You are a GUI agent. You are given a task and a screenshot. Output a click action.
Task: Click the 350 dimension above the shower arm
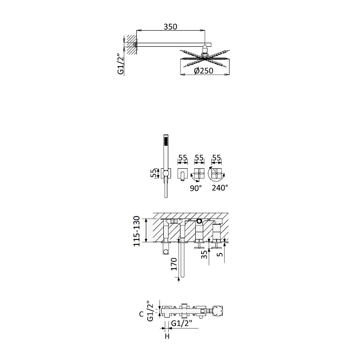[171, 27]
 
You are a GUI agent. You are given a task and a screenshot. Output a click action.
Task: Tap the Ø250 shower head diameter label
[204, 71]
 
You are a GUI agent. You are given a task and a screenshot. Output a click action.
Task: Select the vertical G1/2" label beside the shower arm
[121, 64]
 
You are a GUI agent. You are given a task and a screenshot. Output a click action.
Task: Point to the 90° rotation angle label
[196, 188]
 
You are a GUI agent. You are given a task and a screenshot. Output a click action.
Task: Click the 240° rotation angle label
[220, 188]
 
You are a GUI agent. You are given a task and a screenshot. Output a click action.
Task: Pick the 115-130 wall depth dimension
[137, 231]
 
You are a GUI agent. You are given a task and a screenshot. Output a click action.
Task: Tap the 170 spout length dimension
[174, 264]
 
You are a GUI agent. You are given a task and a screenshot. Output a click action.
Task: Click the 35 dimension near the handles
[204, 254]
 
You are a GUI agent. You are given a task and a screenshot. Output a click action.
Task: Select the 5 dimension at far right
[220, 254]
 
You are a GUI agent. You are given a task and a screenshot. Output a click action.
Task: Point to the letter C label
[141, 314]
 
